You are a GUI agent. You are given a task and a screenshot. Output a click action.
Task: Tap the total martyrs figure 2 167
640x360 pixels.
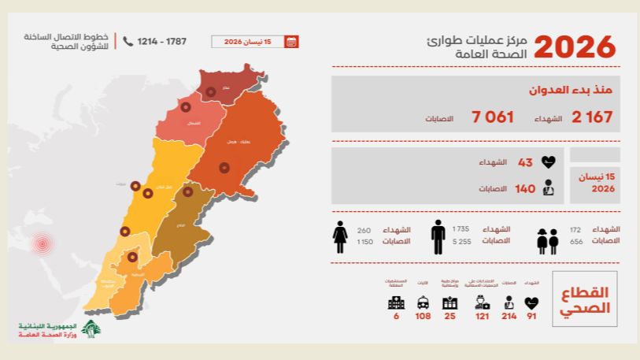click(x=592, y=117)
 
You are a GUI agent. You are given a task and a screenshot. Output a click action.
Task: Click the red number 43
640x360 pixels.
click(x=525, y=163)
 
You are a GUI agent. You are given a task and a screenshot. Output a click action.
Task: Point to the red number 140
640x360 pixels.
click(x=525, y=189)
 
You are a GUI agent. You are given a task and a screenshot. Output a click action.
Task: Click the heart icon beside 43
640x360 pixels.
click(x=549, y=163)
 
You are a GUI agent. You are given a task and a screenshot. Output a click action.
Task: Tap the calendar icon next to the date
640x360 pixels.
click(x=291, y=42)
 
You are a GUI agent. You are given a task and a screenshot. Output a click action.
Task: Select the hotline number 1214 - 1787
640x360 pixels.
click(x=162, y=41)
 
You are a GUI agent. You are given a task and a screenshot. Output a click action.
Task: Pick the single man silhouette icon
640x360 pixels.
click(x=438, y=236)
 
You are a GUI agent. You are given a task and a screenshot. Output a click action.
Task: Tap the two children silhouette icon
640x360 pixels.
click(x=547, y=241)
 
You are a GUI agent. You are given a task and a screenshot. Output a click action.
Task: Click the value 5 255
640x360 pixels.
click(x=461, y=242)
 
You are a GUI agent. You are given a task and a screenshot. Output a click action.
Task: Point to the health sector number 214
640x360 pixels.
click(x=508, y=317)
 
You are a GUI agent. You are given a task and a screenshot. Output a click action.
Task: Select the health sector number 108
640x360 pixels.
click(x=423, y=317)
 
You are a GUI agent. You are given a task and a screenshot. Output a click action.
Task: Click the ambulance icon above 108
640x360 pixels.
click(x=423, y=302)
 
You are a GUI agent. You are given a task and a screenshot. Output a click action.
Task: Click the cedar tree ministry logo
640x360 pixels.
click(x=93, y=332)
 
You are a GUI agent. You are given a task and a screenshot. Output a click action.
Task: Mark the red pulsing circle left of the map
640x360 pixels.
click(x=42, y=243)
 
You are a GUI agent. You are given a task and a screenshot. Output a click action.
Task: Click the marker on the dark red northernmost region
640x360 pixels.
click(x=211, y=91)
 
